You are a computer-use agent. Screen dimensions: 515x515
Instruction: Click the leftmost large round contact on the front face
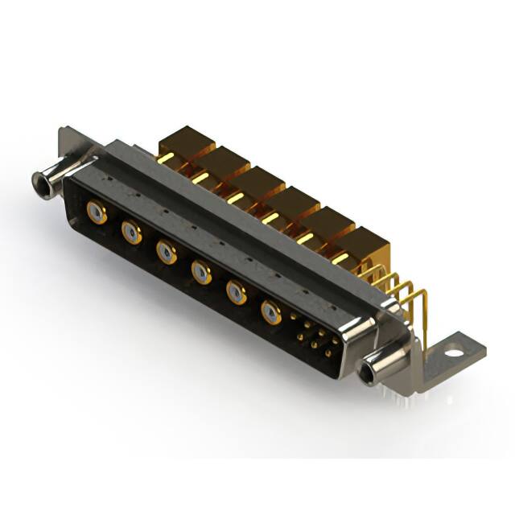coord(97,212)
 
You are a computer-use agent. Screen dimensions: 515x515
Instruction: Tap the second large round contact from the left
coord(131,233)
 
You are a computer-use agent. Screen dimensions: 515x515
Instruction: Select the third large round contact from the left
coord(167,252)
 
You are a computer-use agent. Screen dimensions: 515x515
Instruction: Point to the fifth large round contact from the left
coord(237,291)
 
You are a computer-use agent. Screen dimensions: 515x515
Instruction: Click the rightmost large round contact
coord(272,312)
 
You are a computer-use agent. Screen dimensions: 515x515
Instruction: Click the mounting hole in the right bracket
coord(455,351)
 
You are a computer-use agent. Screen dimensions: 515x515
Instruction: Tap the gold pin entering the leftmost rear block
coord(164,159)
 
